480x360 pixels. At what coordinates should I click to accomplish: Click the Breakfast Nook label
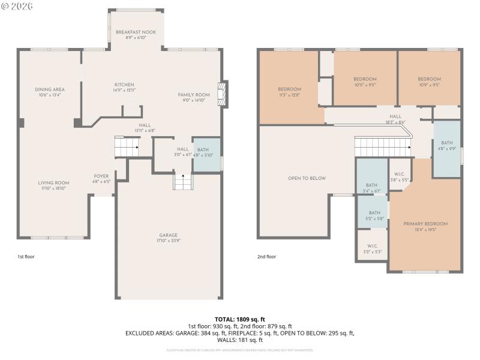pos(136,34)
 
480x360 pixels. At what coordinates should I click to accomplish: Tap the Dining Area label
pos(50,92)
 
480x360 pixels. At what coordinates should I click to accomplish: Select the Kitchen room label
pos(124,87)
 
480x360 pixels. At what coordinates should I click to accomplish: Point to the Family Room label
pos(193,97)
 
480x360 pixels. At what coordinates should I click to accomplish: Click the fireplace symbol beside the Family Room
pos(224,94)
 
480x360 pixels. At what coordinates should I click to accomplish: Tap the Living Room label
pos(54,185)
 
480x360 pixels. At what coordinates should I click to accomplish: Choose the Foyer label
pos(101,178)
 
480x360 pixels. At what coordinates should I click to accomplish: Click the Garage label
pos(168,238)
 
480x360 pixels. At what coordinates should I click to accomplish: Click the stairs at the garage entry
pos(182,181)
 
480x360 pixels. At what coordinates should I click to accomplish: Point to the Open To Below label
pos(307,178)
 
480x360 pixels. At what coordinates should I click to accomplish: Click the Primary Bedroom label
pos(425,226)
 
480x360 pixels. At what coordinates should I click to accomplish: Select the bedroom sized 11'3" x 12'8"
pos(289,91)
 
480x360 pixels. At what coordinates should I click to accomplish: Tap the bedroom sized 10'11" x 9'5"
pos(365,82)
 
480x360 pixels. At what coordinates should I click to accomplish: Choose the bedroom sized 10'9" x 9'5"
pos(429,82)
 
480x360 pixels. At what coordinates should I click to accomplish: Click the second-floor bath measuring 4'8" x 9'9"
pos(447,146)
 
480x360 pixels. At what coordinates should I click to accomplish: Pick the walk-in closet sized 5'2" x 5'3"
pos(372,248)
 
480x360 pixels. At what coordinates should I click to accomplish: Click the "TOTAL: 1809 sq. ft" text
pos(239,319)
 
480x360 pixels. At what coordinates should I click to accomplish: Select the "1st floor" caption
pos(26,256)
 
